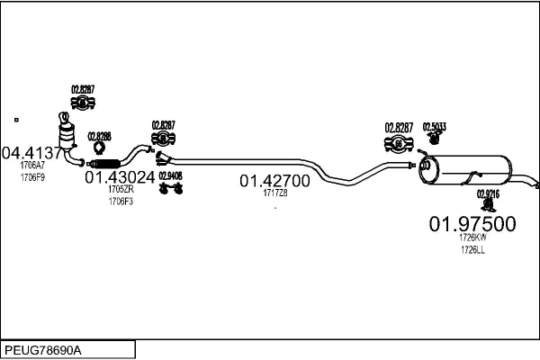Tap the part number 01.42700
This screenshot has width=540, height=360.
(274, 180)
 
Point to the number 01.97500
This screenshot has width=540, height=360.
(472, 222)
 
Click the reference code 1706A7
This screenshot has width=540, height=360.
(32, 166)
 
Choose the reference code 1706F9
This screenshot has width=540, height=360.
(32, 177)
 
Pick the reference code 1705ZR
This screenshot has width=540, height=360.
(121, 190)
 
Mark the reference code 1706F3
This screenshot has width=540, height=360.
(121, 202)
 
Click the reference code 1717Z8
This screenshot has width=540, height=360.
(274, 193)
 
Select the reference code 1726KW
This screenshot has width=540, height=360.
(472, 238)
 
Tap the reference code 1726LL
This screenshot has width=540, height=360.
(472, 250)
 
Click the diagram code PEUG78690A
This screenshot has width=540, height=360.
(42, 349)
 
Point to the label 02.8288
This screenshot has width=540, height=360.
(99, 136)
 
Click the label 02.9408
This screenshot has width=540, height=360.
(170, 176)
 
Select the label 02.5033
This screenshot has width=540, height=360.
(435, 127)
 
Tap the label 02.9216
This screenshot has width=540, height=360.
(488, 193)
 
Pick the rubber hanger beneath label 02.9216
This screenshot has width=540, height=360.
(488, 206)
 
